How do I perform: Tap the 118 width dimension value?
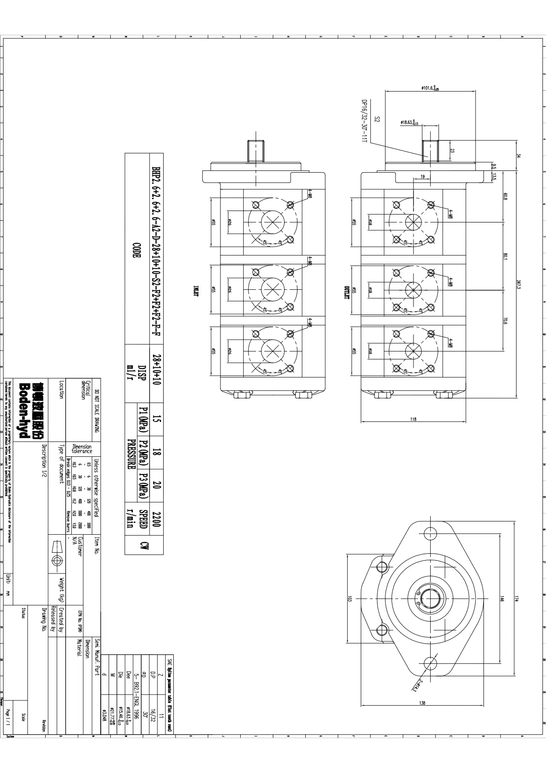tap(413, 419)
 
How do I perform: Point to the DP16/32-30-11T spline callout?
tap(364, 121)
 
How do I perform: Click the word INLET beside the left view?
tap(197, 291)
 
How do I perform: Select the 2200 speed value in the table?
tap(156, 519)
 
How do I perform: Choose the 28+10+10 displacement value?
tap(157, 369)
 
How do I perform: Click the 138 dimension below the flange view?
tap(422, 703)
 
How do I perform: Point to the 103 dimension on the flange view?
tap(350, 599)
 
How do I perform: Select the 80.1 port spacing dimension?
tap(506, 256)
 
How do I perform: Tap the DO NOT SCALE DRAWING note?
tap(96, 411)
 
